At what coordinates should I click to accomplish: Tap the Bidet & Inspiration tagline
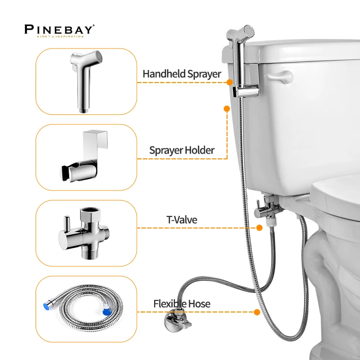pos(59,36)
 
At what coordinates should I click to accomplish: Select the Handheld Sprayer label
pos(181,74)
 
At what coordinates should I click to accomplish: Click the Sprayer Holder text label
pos(181,150)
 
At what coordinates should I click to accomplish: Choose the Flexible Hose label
pos(181,304)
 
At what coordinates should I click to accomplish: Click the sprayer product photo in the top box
pos(86,80)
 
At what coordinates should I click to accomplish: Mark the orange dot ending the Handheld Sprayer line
pos(229,82)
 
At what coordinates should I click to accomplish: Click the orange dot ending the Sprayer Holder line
pos(227,109)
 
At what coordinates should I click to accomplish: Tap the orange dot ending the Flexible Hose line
pos(257,312)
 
